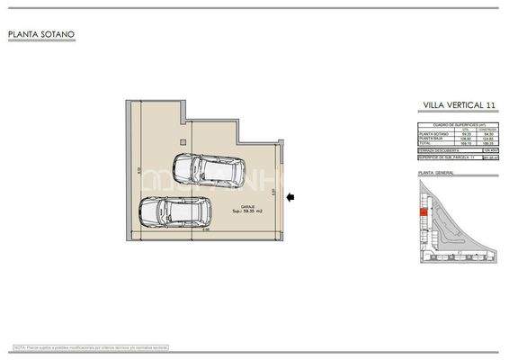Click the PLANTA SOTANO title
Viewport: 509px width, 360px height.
[41, 35]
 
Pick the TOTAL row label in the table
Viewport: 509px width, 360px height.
[425, 144]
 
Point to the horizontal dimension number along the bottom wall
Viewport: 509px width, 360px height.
[206, 229]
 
